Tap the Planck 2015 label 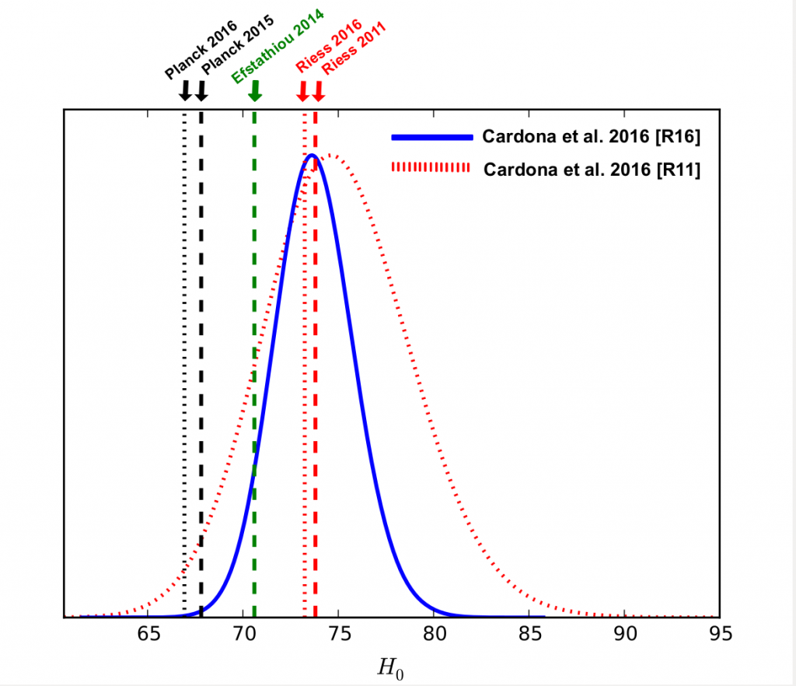pyautogui.click(x=231, y=53)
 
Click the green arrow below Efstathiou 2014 pyautogui.click(x=254, y=92)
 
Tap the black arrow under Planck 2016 pyautogui.click(x=185, y=91)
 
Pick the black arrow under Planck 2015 pyautogui.click(x=201, y=91)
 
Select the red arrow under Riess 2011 pyautogui.click(x=318, y=92)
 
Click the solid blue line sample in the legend pyautogui.click(x=431, y=137)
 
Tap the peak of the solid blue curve pyautogui.click(x=312, y=155)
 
